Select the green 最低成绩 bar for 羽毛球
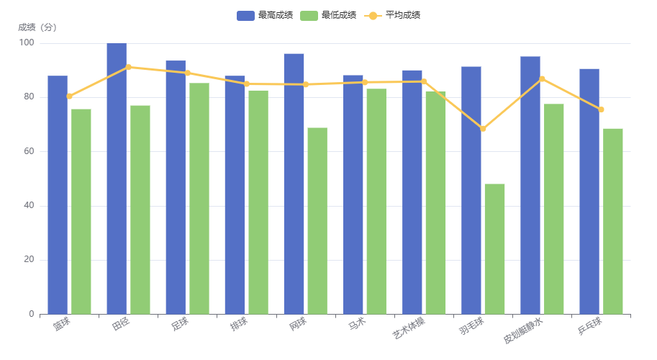[x=494, y=248]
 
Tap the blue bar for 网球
[x=294, y=184]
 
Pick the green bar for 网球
[x=317, y=220]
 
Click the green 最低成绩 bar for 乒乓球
[x=613, y=221]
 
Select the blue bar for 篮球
[x=58, y=194]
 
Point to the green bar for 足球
[x=199, y=198]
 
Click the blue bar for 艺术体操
[x=412, y=192]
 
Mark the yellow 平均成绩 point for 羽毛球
[x=483, y=129]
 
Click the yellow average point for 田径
[x=128, y=67]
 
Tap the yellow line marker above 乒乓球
[x=601, y=109]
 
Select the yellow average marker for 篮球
[x=69, y=96]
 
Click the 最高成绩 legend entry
[x=265, y=15]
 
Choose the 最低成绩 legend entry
[x=328, y=15]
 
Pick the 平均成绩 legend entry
[x=393, y=15]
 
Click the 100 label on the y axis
[x=27, y=43]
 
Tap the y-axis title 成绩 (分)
[x=37, y=27]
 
